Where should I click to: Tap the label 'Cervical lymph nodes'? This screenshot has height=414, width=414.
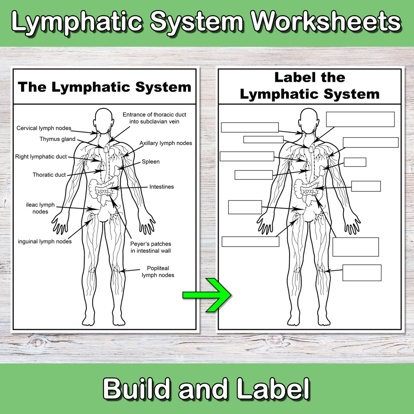(x=44, y=128)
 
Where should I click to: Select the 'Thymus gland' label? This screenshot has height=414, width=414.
(x=57, y=139)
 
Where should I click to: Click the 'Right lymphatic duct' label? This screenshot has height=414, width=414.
(x=41, y=157)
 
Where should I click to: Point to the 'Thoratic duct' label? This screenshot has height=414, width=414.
(x=49, y=175)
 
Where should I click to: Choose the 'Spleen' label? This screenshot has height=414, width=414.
(x=151, y=162)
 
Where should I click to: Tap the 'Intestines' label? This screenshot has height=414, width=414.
(x=162, y=187)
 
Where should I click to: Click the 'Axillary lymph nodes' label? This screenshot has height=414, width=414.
(x=166, y=143)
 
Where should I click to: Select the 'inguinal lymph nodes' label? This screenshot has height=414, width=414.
(x=45, y=241)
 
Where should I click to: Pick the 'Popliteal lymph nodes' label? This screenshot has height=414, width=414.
(x=158, y=272)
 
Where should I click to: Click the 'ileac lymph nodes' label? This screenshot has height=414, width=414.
(x=40, y=208)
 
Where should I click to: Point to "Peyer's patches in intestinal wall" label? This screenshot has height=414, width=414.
(x=151, y=247)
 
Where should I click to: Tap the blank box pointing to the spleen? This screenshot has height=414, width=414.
(x=355, y=162)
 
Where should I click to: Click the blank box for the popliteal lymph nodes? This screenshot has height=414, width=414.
(x=362, y=273)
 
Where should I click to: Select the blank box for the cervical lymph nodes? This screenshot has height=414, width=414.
(x=249, y=127)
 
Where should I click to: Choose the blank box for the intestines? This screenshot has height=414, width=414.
(x=366, y=186)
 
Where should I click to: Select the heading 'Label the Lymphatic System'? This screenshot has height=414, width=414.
(x=309, y=86)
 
